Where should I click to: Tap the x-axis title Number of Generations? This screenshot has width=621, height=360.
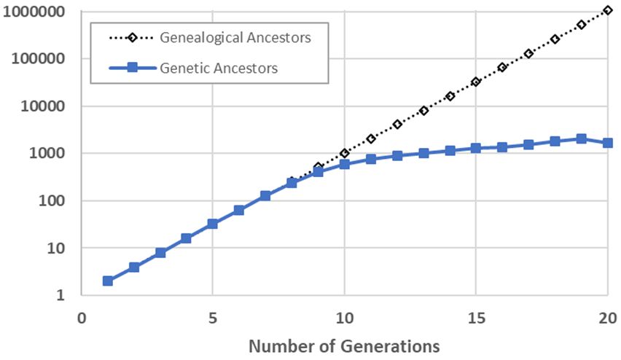point(344,345)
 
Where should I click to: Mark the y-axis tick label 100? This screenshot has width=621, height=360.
point(51,200)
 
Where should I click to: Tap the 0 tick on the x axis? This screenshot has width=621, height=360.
point(81,318)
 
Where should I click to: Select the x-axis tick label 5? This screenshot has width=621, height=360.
point(212,318)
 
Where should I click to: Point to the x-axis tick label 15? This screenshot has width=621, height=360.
point(476,318)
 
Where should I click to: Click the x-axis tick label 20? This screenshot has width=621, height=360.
point(607,318)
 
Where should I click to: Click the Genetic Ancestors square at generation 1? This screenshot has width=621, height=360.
point(108,281)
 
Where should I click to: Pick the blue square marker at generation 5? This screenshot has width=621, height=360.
point(213,224)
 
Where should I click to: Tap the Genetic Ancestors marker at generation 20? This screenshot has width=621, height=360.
point(607,143)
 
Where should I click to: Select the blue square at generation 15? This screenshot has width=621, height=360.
point(476,148)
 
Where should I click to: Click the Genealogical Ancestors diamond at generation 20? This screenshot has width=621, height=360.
point(607,11)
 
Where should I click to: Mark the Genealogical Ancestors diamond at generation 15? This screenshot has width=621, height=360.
point(476,82)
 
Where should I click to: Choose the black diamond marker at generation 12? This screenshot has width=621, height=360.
point(397,125)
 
